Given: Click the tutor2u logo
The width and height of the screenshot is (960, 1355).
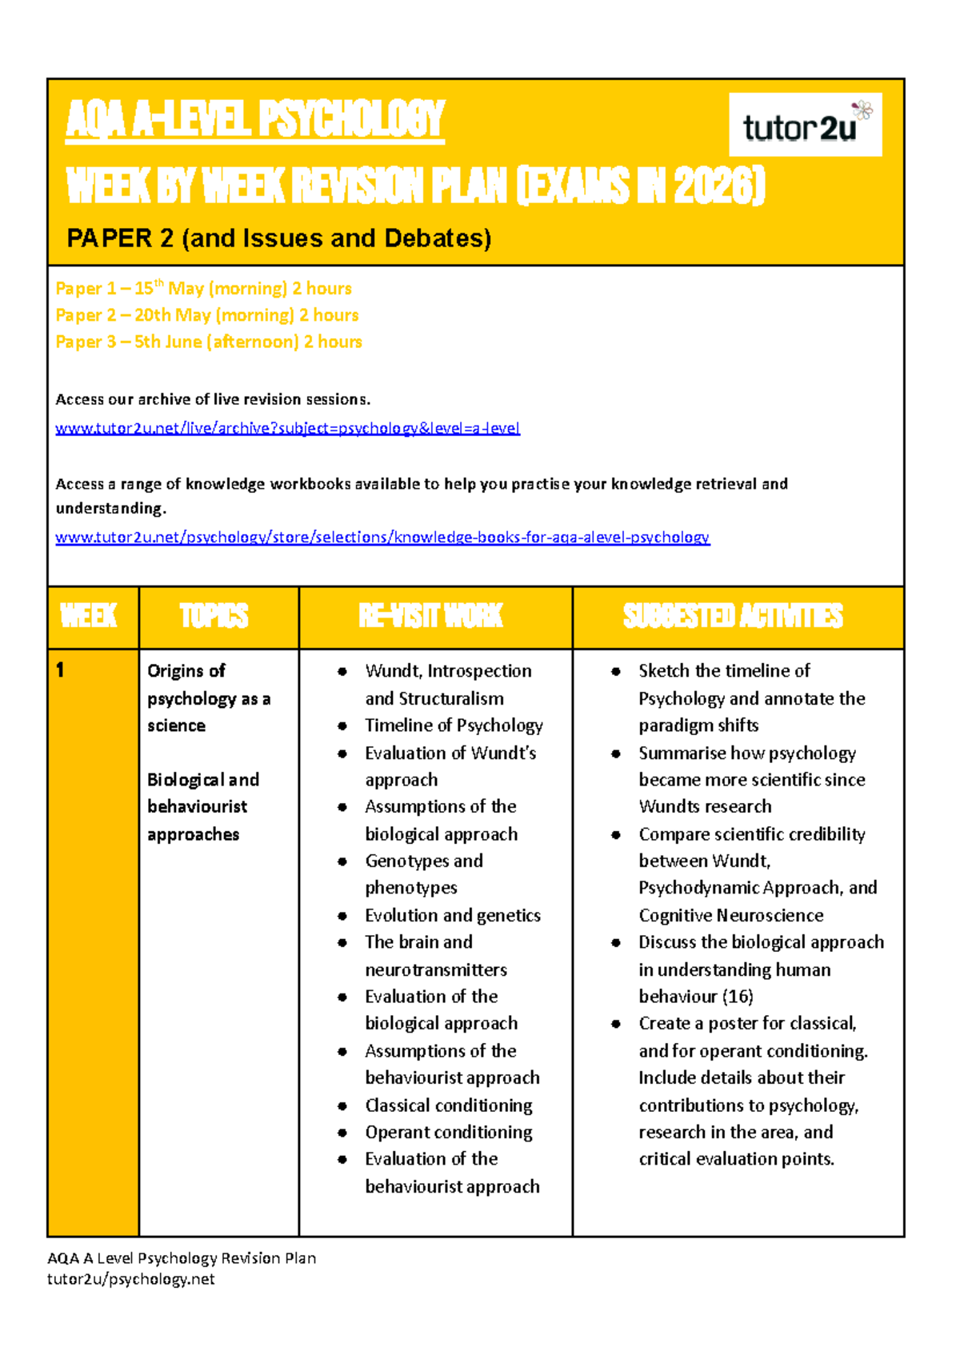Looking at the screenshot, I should pyautogui.click(x=804, y=125).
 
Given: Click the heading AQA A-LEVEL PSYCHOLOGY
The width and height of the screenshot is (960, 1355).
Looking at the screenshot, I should pyautogui.click(x=254, y=120).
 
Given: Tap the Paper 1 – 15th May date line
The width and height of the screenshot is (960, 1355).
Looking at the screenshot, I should pyautogui.click(x=203, y=288).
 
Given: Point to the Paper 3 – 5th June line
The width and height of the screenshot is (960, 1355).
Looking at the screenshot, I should pyautogui.click(x=208, y=342).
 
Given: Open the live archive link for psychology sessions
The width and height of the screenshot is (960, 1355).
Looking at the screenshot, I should pyautogui.click(x=287, y=428).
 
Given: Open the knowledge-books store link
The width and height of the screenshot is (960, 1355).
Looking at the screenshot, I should pyautogui.click(x=382, y=537).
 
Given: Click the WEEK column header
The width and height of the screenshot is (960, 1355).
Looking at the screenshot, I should pyautogui.click(x=89, y=616).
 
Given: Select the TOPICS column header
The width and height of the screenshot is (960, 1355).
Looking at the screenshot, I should pyautogui.click(x=214, y=616).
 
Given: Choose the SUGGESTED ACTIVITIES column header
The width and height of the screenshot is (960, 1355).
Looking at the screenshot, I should pyautogui.click(x=733, y=616).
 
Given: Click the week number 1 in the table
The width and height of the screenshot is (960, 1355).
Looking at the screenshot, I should pyautogui.click(x=60, y=670).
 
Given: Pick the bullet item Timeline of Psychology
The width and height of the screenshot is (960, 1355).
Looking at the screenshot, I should pyautogui.click(x=454, y=725).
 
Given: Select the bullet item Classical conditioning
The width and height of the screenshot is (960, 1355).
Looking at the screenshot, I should pyautogui.click(x=448, y=1105).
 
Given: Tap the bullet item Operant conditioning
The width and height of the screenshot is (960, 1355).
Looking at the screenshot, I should pyautogui.click(x=448, y=1133).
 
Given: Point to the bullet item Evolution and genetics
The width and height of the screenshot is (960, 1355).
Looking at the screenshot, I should pyautogui.click(x=453, y=915).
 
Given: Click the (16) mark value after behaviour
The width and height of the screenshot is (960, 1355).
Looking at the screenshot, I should pyautogui.click(x=738, y=997).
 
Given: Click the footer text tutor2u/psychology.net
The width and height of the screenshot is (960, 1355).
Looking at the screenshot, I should pyautogui.click(x=130, y=1279).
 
